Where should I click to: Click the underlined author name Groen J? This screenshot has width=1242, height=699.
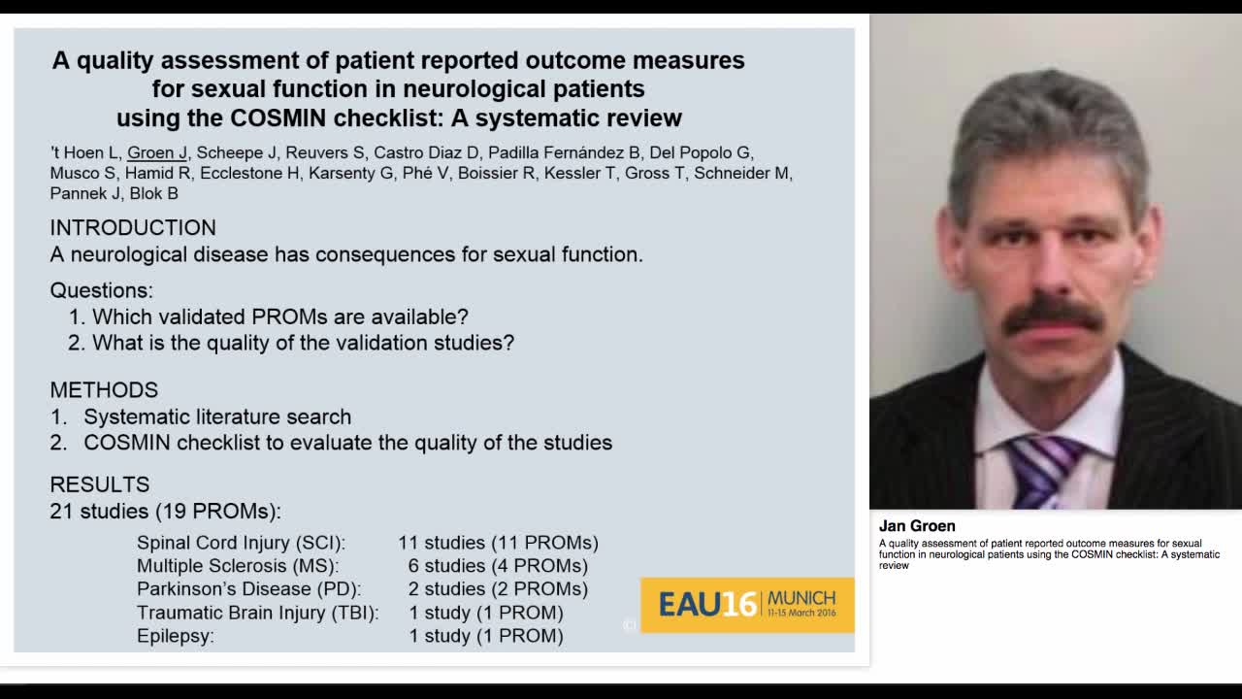pyautogui.click(x=157, y=152)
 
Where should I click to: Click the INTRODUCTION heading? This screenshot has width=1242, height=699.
pyautogui.click(x=133, y=228)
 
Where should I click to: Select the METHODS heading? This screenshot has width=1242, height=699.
pyautogui.click(x=104, y=390)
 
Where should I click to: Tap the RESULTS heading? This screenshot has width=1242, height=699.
pyautogui.click(x=100, y=484)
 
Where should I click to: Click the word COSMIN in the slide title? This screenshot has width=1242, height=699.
pyautogui.click(x=278, y=118)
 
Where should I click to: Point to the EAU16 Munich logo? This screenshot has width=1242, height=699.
pyautogui.click(x=747, y=605)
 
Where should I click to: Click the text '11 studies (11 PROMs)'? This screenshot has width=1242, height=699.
pyautogui.click(x=498, y=543)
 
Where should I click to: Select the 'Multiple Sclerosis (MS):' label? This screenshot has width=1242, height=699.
pyautogui.click(x=238, y=566)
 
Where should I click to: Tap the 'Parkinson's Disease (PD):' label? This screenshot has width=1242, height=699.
pyautogui.click(x=248, y=589)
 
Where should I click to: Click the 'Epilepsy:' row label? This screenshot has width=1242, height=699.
pyautogui.click(x=176, y=636)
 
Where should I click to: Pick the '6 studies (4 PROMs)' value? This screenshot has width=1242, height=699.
pyautogui.click(x=498, y=566)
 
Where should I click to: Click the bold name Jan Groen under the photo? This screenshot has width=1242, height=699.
pyautogui.click(x=917, y=526)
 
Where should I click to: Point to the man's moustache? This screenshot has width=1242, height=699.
pyautogui.click(x=1052, y=314)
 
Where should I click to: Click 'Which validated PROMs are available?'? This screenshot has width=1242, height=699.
pyautogui.click(x=279, y=317)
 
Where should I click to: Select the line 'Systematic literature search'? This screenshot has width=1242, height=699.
pyautogui.click(x=217, y=417)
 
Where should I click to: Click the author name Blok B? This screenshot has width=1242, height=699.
pyautogui.click(x=154, y=193)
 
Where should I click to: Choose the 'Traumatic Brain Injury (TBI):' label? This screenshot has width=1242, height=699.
pyautogui.click(x=257, y=613)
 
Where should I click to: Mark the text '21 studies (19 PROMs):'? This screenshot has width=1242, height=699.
pyautogui.click(x=165, y=511)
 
